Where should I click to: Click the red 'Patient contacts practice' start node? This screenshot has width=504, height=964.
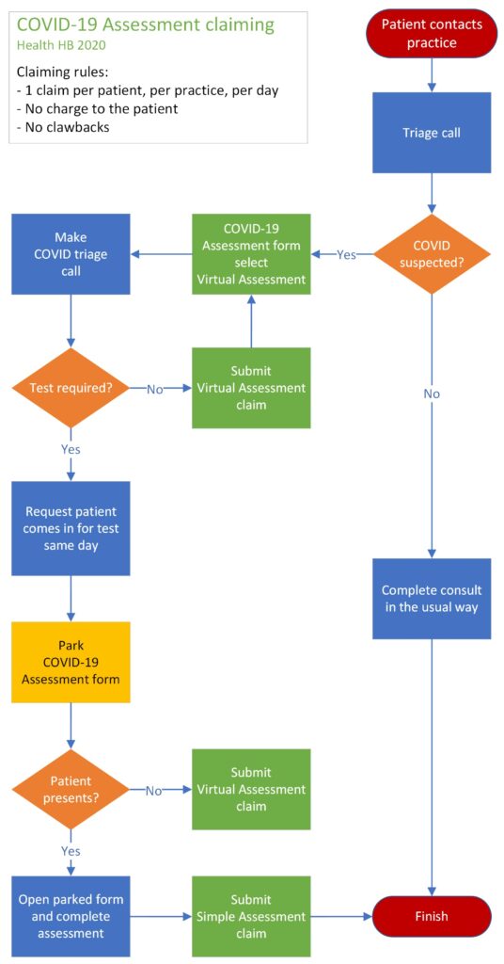coord(432,33)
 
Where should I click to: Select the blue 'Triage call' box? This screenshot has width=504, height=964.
coord(432,133)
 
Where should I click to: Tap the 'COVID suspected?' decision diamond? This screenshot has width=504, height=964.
coord(432,254)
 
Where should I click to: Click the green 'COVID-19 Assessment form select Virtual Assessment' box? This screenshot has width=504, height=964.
coord(251,254)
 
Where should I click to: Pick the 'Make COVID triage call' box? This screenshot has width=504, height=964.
coord(71,254)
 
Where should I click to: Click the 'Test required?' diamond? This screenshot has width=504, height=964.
coord(71,388)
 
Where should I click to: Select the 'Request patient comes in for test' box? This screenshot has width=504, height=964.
coord(71,528)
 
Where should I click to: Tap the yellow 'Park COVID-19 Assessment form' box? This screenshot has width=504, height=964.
coord(71,662)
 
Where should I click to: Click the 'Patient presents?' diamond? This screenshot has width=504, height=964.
coord(71,789)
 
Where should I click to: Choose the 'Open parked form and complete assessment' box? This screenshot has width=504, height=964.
coord(71,916)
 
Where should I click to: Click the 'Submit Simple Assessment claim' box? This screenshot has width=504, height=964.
coord(251,916)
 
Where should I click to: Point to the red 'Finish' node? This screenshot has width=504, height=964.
coord(432,916)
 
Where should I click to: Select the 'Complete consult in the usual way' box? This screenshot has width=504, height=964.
coord(432,599)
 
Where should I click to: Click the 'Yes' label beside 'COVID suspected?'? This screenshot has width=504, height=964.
coord(346,254)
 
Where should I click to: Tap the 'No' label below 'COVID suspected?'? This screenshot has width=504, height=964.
coord(432,394)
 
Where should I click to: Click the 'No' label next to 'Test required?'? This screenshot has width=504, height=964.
coord(154,389)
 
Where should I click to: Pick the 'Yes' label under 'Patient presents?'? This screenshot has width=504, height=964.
coord(71,851)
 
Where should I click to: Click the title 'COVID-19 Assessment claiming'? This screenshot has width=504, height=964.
coord(146,25)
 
